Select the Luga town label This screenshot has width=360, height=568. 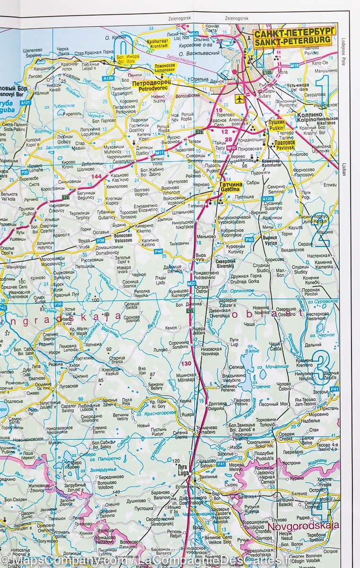point(182,468)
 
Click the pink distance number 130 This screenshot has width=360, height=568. point(186,364)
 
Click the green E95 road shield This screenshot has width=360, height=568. point(190,311)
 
